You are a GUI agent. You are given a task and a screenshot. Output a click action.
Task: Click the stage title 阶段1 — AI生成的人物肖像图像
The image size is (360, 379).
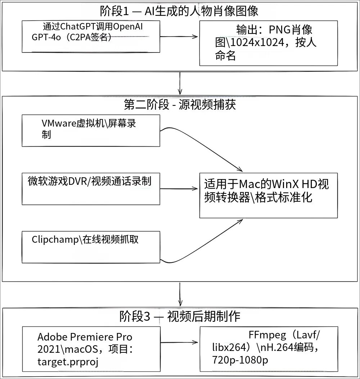[179, 11]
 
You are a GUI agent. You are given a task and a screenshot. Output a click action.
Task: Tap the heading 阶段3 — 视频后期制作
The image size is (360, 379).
[180, 316]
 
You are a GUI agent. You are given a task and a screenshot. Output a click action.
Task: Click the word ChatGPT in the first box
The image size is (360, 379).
[77, 27]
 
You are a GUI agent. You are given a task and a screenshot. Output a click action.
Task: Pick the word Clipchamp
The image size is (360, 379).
[55, 239]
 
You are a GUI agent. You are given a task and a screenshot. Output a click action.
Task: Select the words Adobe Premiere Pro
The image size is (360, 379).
[85, 337]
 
